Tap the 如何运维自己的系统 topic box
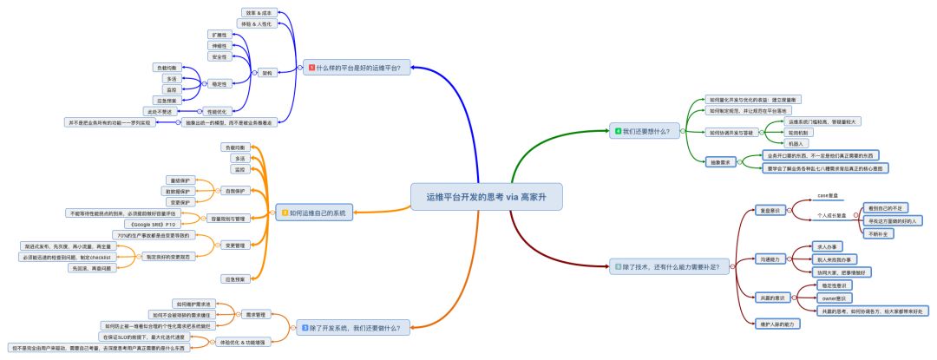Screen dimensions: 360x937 pos(315,213)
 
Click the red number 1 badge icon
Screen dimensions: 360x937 pos(311,67)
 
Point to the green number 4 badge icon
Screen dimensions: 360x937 pos(618,131)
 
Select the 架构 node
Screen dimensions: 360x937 pos(267,73)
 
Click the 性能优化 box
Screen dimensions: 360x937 pos(217,111)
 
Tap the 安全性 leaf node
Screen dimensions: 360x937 pos(220,56)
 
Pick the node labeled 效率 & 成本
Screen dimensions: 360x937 pos(257,13)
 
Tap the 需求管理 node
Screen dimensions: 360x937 pos(255,314)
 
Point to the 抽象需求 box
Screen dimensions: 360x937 pos(722,161)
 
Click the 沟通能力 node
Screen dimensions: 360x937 pos(770,259)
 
